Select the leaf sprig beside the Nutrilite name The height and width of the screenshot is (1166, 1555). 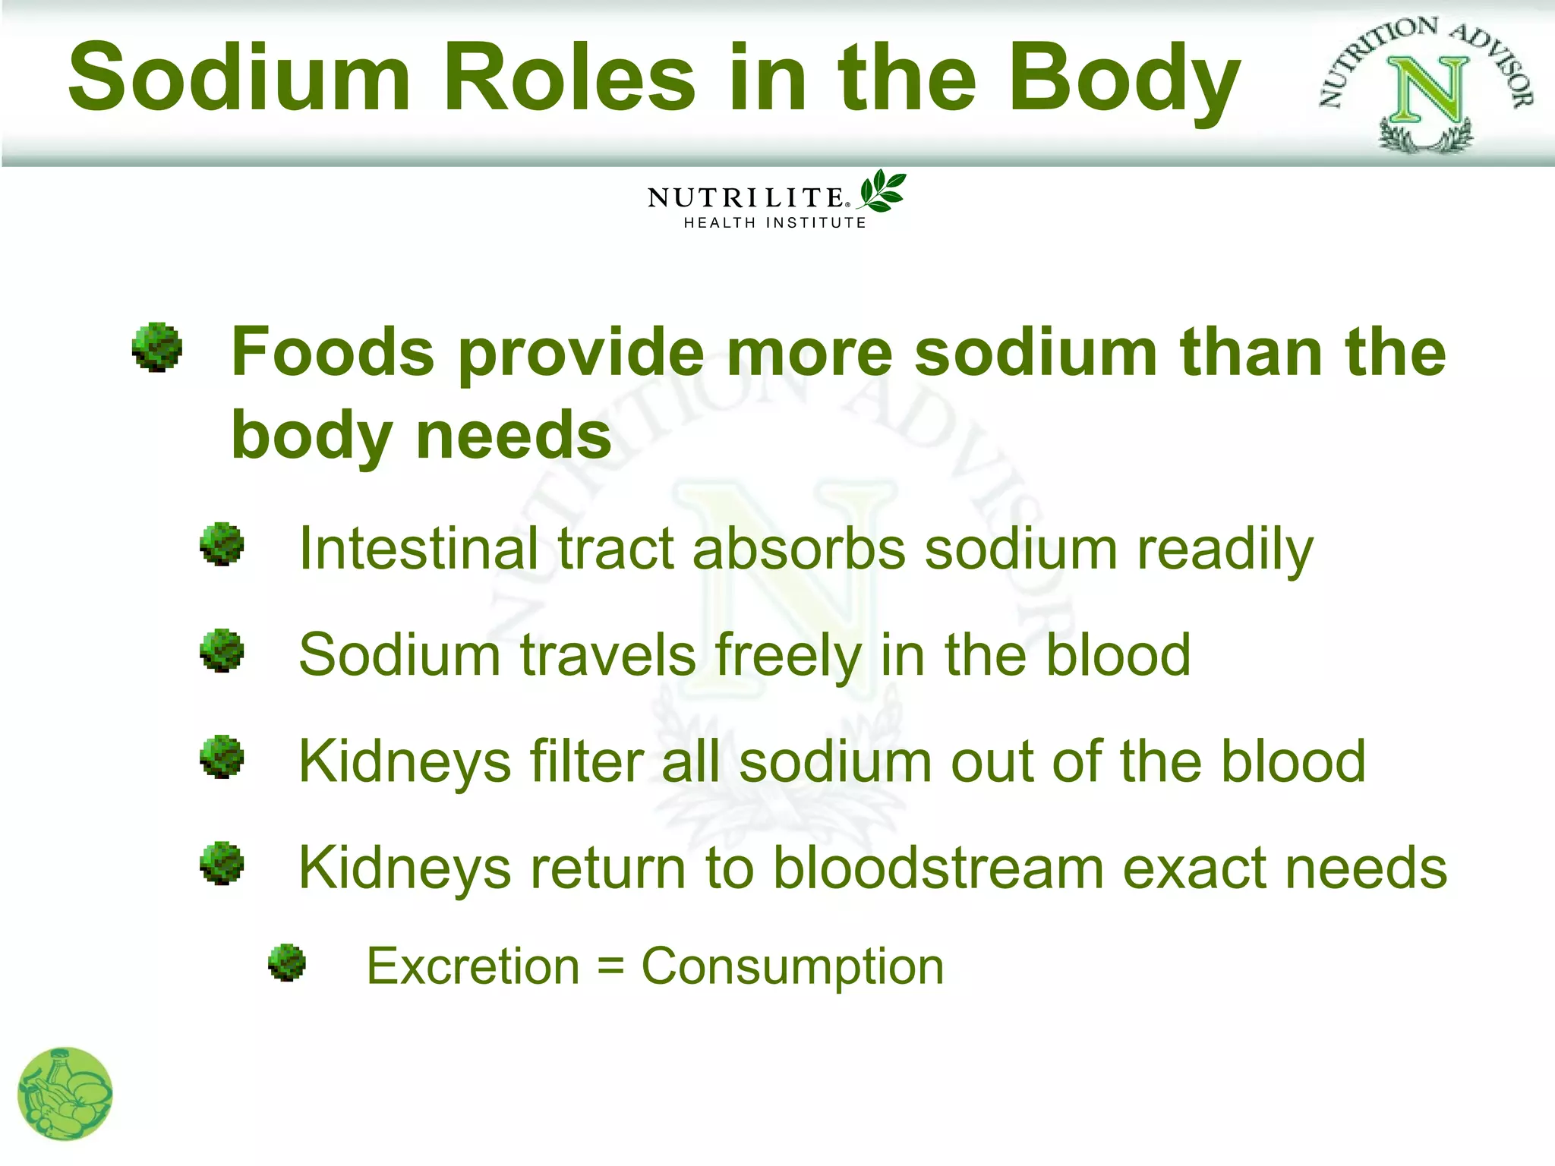(882, 191)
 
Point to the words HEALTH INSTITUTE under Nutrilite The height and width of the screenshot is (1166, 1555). (774, 222)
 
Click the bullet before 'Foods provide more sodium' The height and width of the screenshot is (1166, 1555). (157, 348)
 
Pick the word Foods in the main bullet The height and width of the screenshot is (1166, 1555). (332, 351)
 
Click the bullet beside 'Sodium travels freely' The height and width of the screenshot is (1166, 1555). (222, 651)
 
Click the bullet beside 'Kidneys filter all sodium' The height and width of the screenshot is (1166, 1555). (222, 757)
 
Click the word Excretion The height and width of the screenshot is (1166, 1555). (473, 966)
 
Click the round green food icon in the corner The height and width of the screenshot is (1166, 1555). (65, 1094)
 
